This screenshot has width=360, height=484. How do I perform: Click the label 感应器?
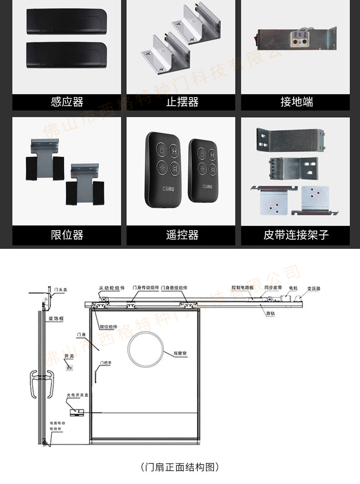(67, 102)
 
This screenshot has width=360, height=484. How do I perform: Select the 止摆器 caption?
(182, 102)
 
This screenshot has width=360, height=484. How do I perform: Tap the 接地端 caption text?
(297, 102)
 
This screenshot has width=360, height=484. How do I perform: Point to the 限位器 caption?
(67, 235)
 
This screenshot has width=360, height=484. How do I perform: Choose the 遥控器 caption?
(182, 235)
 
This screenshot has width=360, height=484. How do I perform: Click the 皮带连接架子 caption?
(296, 235)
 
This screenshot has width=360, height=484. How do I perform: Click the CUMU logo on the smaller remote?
(207, 186)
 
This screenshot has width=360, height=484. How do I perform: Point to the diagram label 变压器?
(314, 288)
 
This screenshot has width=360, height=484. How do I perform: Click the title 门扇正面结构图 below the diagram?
(180, 467)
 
